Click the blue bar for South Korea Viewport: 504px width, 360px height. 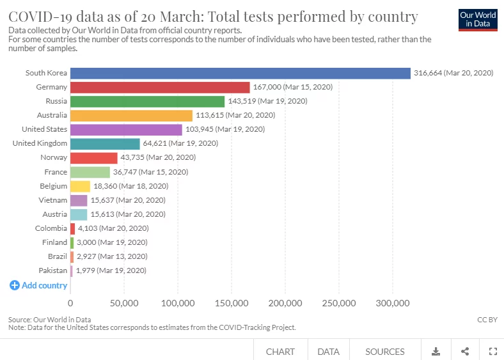point(240,73)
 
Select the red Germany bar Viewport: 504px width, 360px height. point(159,87)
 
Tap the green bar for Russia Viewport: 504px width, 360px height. point(147,101)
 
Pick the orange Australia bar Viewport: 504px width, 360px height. point(131,115)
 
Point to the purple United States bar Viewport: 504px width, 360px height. point(126,129)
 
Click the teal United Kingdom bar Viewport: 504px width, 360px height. point(105,143)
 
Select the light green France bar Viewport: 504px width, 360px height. point(90,172)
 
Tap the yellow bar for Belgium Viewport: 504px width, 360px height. point(80,186)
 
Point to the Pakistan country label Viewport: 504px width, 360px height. point(52,270)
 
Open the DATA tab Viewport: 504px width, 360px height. point(328,351)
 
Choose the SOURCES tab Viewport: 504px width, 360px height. point(385,351)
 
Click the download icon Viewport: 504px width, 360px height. point(436,351)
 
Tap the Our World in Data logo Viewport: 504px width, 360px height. point(478,19)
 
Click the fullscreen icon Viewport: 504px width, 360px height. point(492,351)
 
